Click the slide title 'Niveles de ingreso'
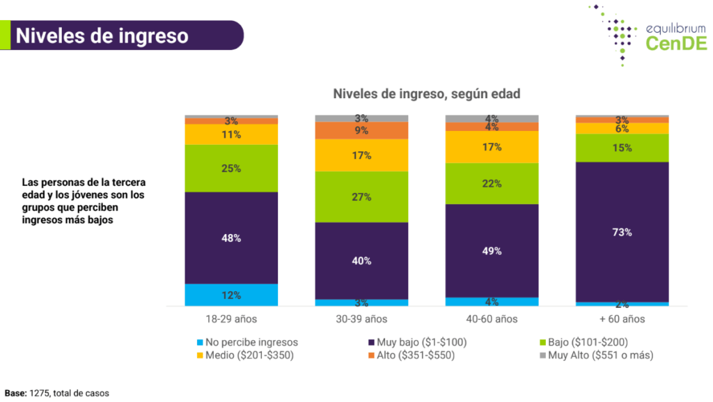(x=102, y=35)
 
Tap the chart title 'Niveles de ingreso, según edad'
(x=426, y=93)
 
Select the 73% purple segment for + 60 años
(x=622, y=232)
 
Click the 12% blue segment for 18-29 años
(x=231, y=295)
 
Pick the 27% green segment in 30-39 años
(x=361, y=196)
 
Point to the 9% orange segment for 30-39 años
(x=361, y=130)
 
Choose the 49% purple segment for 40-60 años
(x=492, y=251)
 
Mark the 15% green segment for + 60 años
(x=622, y=148)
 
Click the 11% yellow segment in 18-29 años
(x=231, y=134)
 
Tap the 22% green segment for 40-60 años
(x=492, y=183)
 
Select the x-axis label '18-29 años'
(x=231, y=320)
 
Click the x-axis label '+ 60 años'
(x=622, y=320)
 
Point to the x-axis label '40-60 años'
(x=492, y=320)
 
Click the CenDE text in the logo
(x=675, y=44)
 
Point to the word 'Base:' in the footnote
(x=15, y=393)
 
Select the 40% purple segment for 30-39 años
(x=361, y=261)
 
